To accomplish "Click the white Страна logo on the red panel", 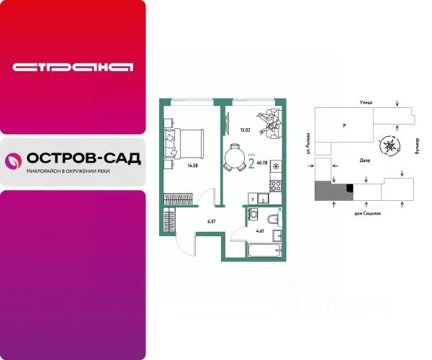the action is pos(73,68).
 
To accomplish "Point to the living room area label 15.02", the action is pos(244,130).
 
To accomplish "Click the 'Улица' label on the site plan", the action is pos(366,104).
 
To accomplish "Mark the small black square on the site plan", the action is pos(349,189).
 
